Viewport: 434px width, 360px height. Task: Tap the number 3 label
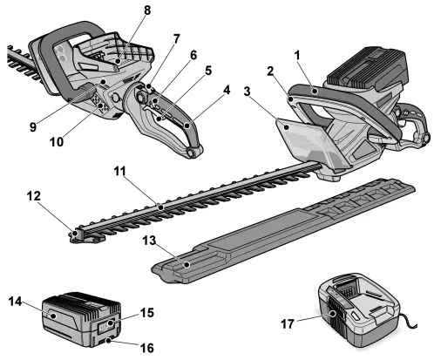point(249,90)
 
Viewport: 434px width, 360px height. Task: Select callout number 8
point(146,10)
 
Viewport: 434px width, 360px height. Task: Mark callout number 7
point(178,39)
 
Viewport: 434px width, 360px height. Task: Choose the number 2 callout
point(272,71)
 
